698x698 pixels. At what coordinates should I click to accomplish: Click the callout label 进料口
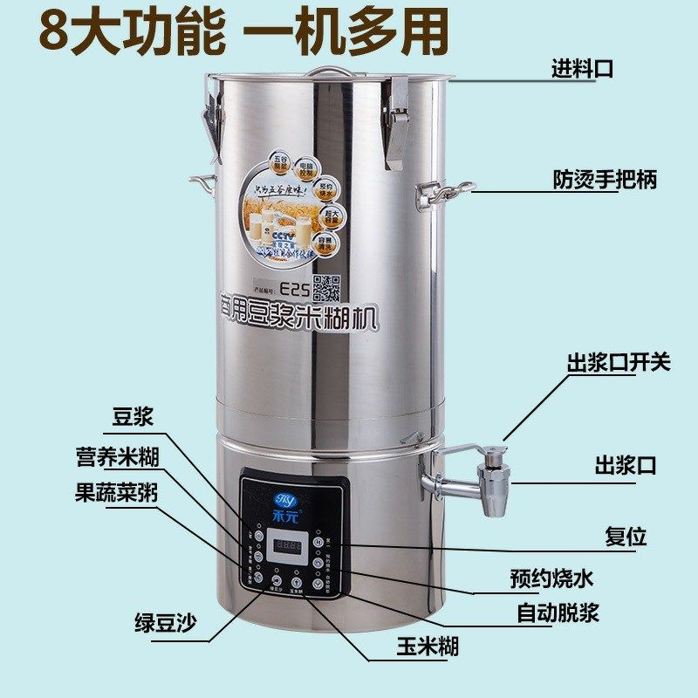582,69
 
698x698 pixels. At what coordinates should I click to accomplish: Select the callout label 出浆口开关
619,362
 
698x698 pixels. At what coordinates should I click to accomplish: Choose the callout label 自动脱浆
558,613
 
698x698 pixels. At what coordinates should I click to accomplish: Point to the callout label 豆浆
133,417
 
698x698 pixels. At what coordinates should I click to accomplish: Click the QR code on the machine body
325,285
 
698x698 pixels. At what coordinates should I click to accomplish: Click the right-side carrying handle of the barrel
445,195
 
